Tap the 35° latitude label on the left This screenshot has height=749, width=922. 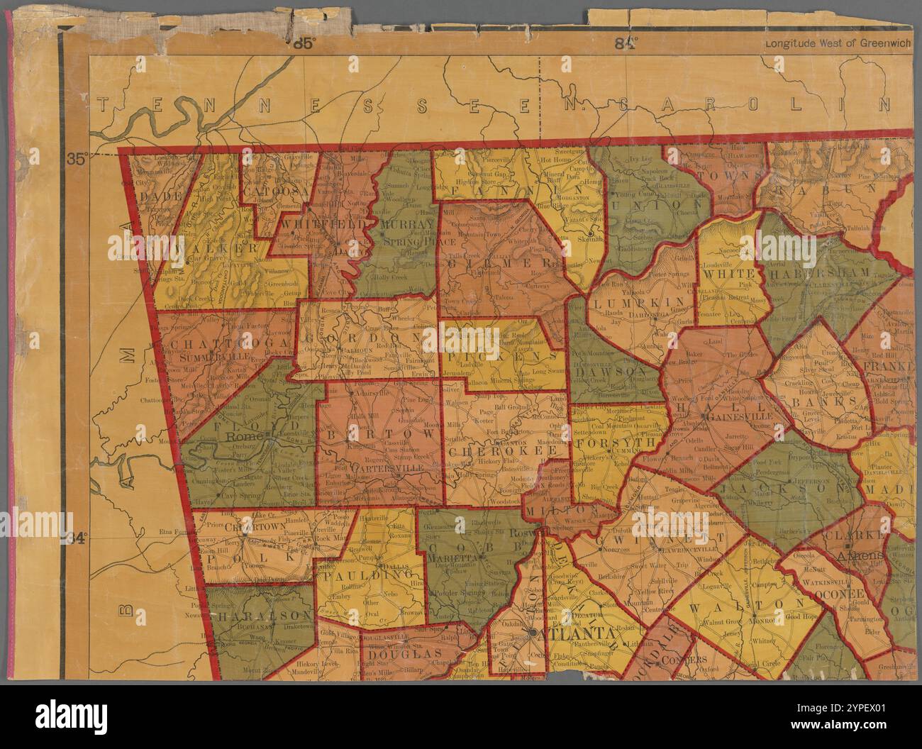click(x=96, y=159)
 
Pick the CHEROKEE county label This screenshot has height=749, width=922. click(x=507, y=450)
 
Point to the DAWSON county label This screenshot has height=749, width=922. click(x=609, y=371)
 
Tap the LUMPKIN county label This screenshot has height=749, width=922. click(x=625, y=305)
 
